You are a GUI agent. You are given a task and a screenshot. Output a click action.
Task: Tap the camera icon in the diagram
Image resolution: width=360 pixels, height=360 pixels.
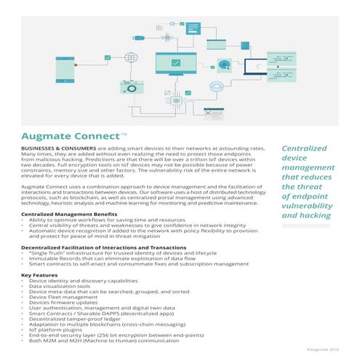point(136,85)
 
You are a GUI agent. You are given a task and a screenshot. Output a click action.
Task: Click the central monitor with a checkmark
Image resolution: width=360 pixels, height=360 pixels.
point(177,66)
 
